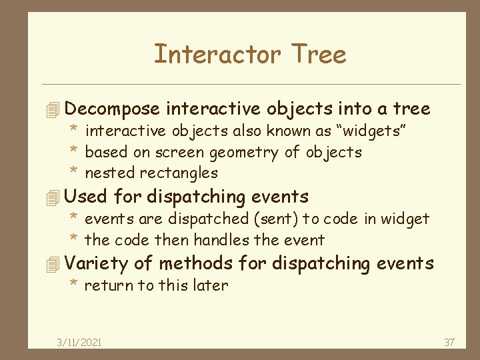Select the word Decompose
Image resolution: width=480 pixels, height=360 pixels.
[113, 109]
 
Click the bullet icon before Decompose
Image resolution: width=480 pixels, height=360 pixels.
[55, 109]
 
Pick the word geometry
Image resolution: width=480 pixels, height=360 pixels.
[245, 153]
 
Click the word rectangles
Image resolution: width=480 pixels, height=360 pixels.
[179, 173]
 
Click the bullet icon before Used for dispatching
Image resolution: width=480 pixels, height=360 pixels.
[55, 197]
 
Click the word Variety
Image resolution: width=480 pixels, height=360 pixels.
[97, 264]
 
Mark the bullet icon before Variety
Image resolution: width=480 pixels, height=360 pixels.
[55, 265]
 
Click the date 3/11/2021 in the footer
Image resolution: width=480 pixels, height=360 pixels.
[79, 343]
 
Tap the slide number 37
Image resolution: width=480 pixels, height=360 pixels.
[449, 343]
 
